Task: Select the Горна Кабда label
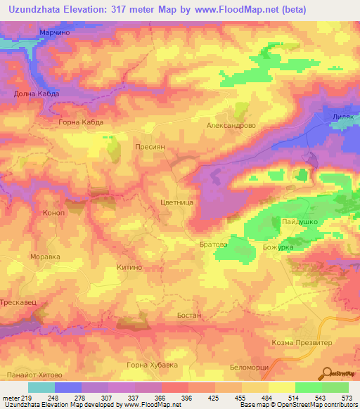[81, 122]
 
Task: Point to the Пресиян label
[150, 148]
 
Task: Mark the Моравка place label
[45, 257]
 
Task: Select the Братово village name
[213, 245]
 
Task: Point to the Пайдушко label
[300, 222]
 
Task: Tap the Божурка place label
[277, 248]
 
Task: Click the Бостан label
[189, 316]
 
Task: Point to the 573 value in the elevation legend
[347, 398]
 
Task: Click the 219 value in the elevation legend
[28, 398]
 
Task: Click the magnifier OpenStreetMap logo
[327, 373]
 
